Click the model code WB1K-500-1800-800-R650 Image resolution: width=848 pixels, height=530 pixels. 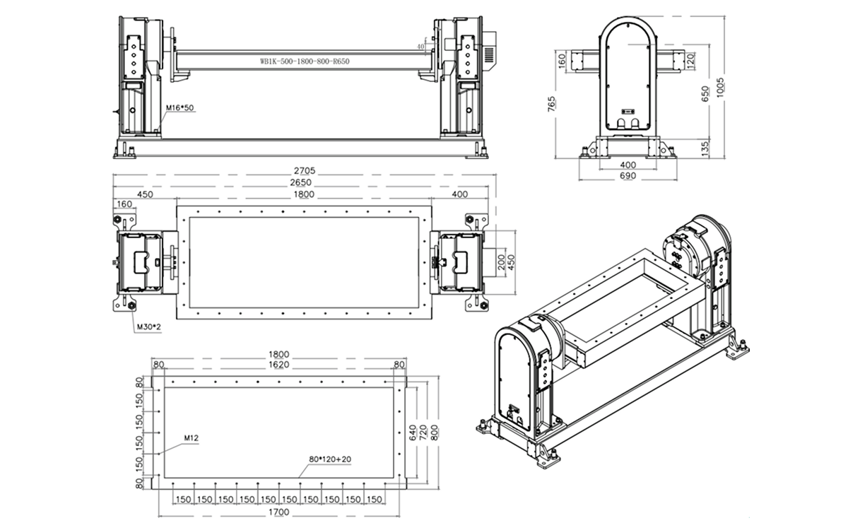305,61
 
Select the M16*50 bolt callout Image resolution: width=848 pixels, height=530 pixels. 179,108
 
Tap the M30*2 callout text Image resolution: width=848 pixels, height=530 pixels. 149,326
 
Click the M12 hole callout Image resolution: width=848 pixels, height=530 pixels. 192,438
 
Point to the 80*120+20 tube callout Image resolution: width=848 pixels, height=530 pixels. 330,459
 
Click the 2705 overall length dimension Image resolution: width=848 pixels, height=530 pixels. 305,171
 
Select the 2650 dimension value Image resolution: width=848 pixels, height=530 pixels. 301,182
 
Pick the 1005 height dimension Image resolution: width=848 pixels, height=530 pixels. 720,88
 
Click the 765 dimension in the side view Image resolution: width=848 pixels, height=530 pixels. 552,104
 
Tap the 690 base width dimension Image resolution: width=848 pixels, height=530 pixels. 628,176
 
